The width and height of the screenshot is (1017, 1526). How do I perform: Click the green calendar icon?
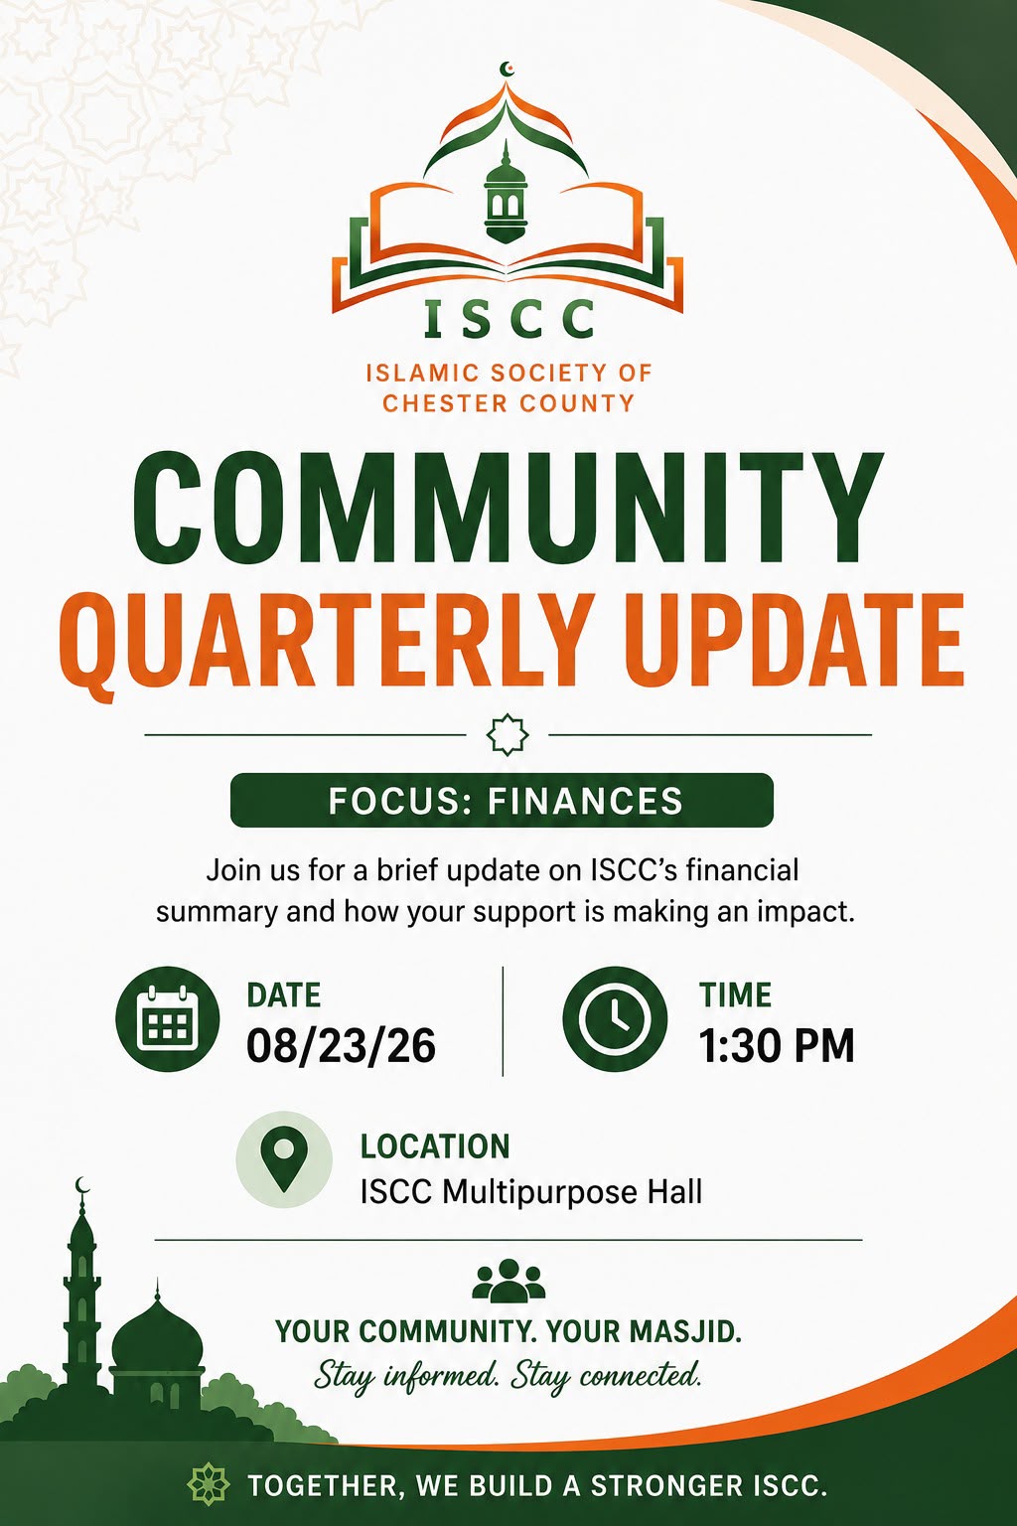coord(168,1019)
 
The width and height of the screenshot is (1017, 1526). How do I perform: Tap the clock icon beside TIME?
coord(615,1019)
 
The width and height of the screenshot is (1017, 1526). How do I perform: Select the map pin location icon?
coord(284,1159)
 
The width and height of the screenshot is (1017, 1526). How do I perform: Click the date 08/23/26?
coord(341,1046)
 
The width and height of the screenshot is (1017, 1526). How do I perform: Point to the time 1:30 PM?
coord(777,1046)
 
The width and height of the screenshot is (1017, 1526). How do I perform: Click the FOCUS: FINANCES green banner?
coord(502,800)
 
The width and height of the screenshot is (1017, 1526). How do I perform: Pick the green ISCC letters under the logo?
coord(508,319)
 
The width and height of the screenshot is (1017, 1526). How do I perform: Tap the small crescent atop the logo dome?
coord(507,69)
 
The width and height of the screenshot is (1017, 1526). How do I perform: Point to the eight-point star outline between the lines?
coord(508,735)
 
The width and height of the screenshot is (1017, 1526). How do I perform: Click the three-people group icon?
coord(508,1280)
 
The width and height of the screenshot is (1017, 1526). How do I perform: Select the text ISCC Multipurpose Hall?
coord(530,1192)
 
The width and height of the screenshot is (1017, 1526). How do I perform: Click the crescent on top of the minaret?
coord(81,1184)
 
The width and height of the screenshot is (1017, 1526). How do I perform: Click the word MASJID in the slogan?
coord(687,1330)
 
